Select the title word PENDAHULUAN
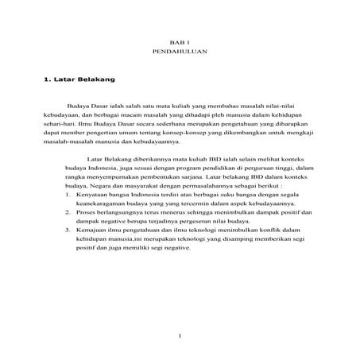tap(179, 50)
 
